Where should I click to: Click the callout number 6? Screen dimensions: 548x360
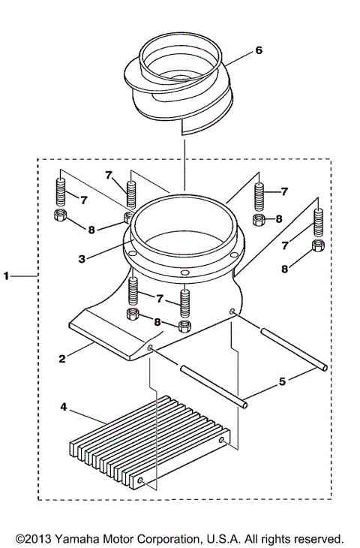259,50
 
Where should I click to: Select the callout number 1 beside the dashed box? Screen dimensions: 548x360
7,276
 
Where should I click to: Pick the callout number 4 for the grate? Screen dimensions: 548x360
64,408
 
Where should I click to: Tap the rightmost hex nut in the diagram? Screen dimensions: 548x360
318,247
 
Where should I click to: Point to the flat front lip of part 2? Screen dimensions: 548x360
105,338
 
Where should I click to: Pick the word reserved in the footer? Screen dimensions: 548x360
318,538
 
